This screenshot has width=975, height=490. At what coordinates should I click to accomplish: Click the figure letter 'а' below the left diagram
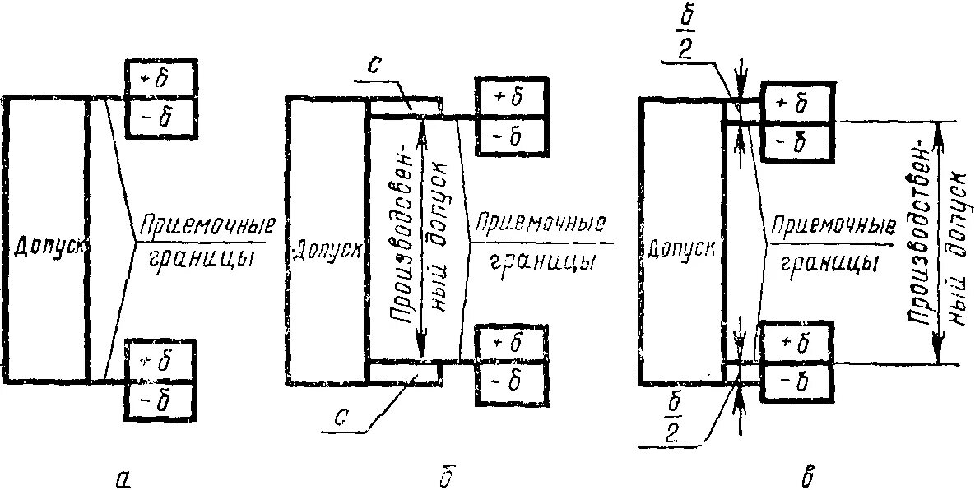click(123, 474)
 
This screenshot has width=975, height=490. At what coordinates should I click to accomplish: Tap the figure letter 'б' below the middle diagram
click(445, 474)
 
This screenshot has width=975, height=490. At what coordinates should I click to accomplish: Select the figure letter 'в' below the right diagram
click(808, 474)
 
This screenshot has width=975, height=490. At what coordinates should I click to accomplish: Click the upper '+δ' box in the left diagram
click(161, 80)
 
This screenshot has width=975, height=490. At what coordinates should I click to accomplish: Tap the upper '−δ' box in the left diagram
click(161, 118)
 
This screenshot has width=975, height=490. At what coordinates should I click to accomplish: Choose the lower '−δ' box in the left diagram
click(161, 399)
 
